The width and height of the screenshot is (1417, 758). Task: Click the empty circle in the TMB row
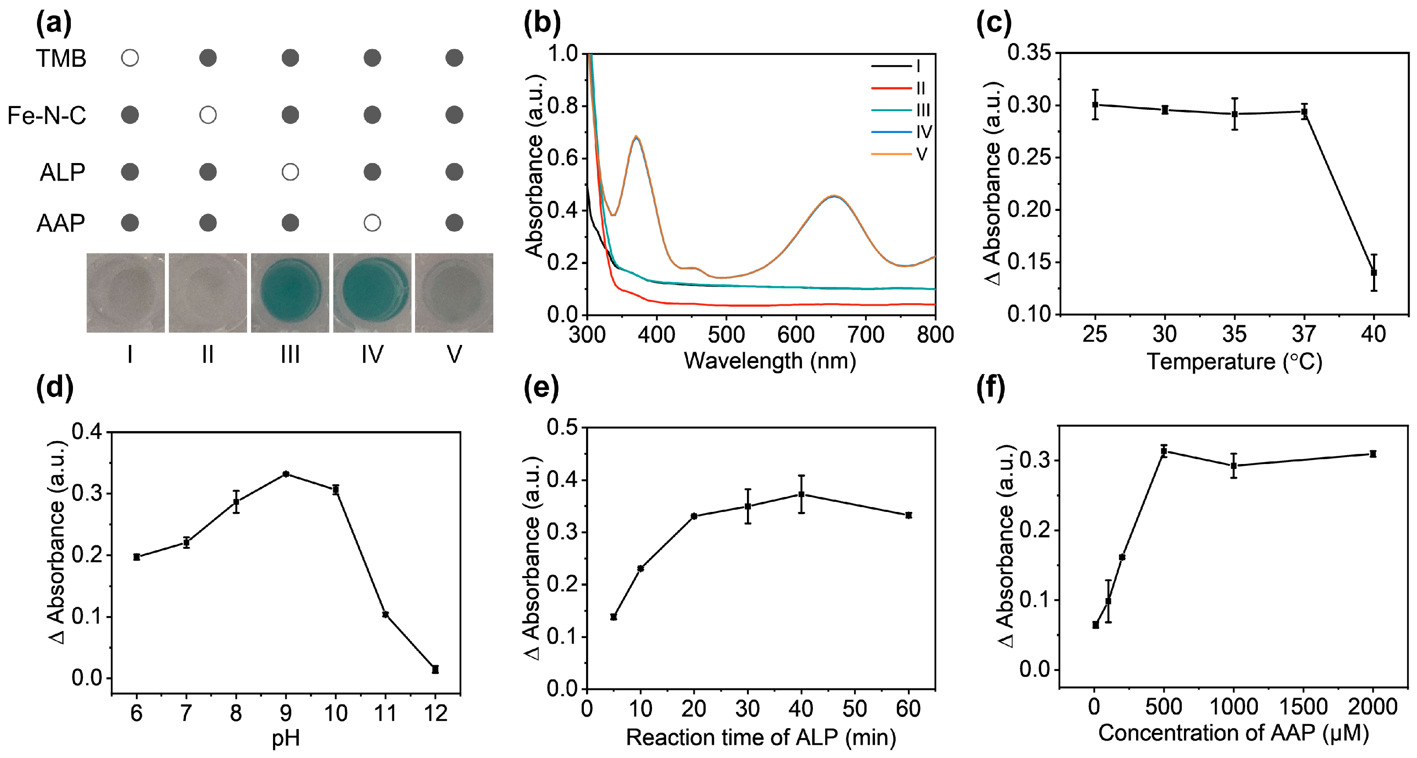point(130,58)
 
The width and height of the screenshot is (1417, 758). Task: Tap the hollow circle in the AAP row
point(372,223)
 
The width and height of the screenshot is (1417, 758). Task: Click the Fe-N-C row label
point(47,116)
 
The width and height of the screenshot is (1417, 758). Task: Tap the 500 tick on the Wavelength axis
point(726,334)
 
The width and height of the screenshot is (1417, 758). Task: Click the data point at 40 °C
point(1373,272)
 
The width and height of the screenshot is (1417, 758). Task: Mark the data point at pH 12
point(435,670)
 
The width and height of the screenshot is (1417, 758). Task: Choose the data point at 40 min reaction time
point(801,494)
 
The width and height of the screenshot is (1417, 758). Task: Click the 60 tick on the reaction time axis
point(908,708)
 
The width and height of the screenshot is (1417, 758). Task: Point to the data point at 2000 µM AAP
point(1373,454)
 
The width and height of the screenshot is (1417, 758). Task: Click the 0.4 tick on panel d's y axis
point(87,432)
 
